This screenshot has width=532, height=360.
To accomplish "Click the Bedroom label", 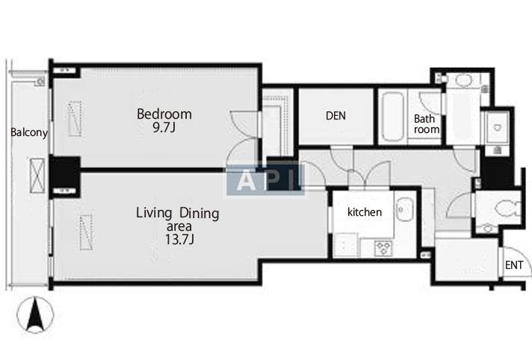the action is (x=164, y=114).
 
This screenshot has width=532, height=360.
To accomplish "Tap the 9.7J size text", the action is (x=164, y=127).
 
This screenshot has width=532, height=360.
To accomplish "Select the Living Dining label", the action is (x=177, y=213).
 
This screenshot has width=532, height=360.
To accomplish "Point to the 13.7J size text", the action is (x=179, y=239).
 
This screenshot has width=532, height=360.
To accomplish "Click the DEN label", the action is (x=335, y=116).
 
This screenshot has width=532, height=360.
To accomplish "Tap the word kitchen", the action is (x=365, y=212).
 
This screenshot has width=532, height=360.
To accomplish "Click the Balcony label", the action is (x=29, y=132).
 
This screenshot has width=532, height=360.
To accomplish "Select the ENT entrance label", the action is (x=513, y=265).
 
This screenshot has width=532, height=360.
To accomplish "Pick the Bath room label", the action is (x=426, y=124).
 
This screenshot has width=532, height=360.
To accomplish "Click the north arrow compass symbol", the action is (x=35, y=315).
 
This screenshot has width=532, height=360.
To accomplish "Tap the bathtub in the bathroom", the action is (x=392, y=117).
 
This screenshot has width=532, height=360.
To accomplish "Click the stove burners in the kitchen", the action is (x=383, y=248).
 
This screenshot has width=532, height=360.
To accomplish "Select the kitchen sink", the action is (x=404, y=210).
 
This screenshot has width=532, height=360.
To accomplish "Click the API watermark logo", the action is (x=265, y=180).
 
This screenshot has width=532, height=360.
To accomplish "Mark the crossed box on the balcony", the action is (x=37, y=176).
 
